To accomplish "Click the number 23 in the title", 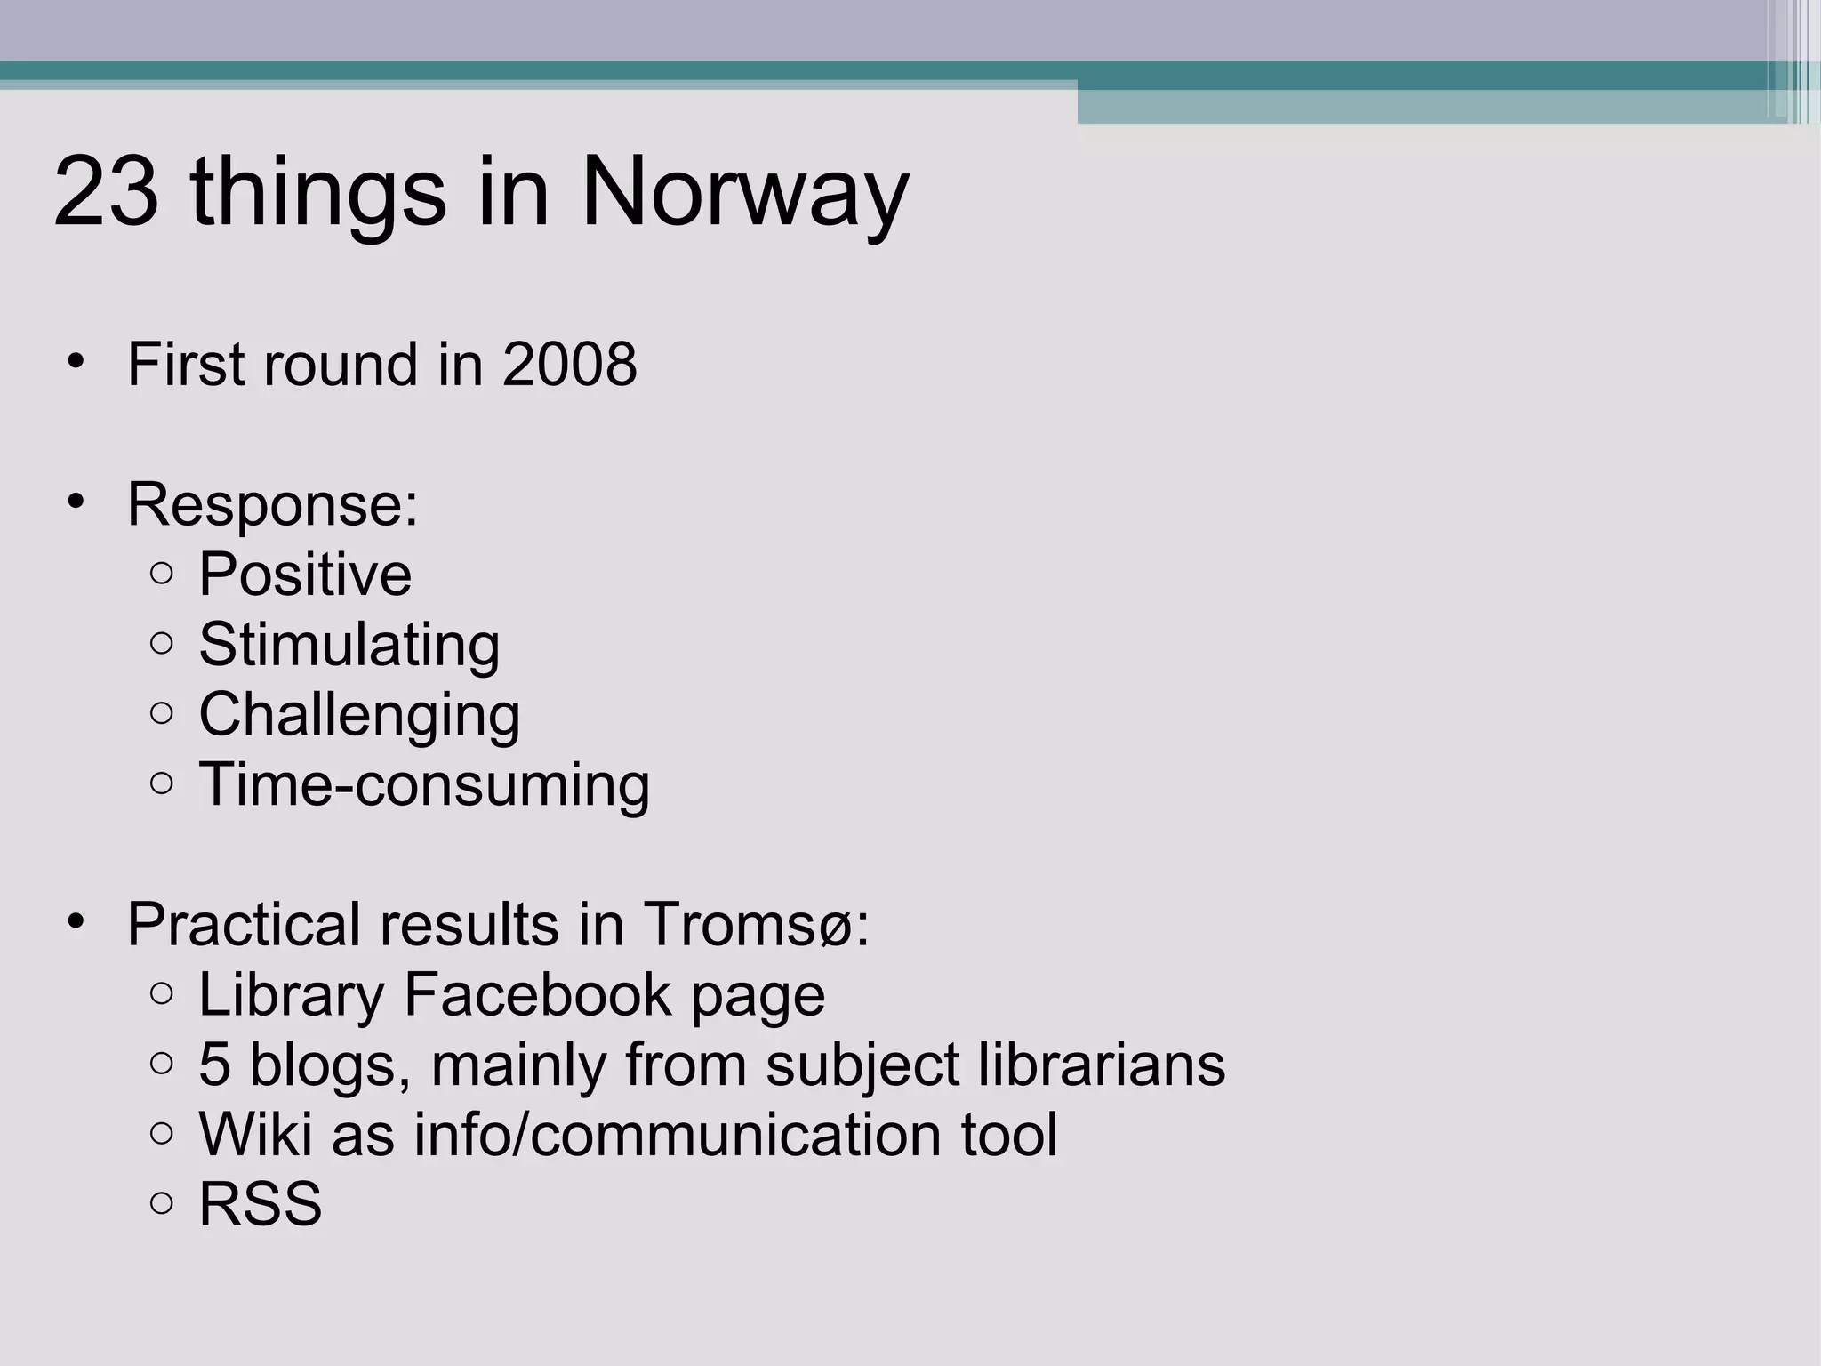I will (x=107, y=192).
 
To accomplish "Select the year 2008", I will (x=569, y=365).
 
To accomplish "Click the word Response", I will (x=271, y=504).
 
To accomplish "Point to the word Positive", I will (x=305, y=575).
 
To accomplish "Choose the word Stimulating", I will (x=349, y=645).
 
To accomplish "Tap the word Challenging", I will (x=359, y=715).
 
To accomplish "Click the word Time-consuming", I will (x=424, y=785).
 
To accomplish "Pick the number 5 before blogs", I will (x=213, y=1065).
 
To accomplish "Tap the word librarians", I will (x=1102, y=1065).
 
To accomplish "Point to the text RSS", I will (x=260, y=1205).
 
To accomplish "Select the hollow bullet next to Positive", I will (x=162, y=575).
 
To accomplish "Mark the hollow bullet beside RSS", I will (x=162, y=1204).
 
